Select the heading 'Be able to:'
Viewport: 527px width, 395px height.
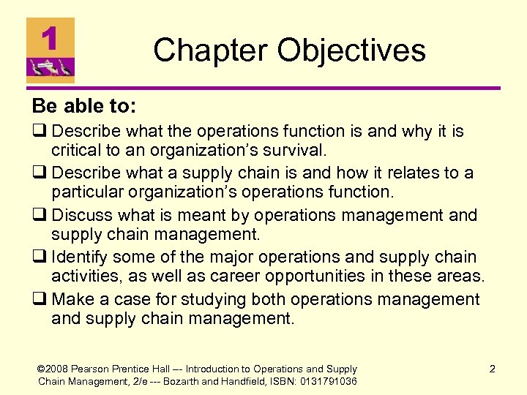[83, 106]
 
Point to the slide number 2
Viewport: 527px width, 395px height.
[493, 369]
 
